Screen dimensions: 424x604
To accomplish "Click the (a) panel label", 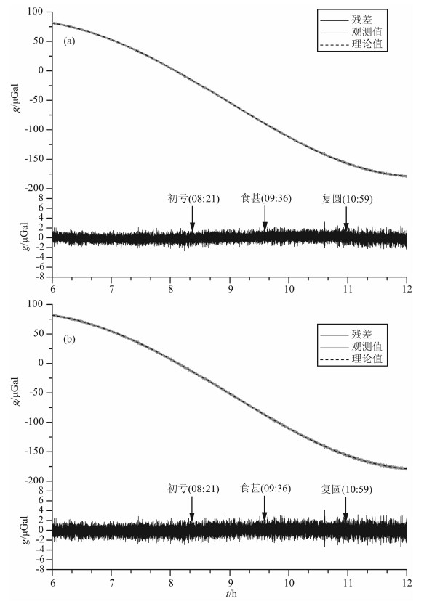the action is (69, 41).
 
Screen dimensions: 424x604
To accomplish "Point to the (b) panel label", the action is (69, 339).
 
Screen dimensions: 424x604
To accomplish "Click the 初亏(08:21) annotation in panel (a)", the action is (193, 199).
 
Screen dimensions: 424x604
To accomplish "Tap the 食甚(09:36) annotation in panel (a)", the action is (266, 198).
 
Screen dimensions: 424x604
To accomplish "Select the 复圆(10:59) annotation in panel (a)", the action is (347, 199).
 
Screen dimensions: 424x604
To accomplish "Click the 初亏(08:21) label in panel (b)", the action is (193, 489).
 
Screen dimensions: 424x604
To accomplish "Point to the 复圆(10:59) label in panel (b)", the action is (347, 489).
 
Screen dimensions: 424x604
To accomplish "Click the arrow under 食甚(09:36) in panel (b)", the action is (264, 508).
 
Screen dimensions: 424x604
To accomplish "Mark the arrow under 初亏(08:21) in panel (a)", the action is (192, 219).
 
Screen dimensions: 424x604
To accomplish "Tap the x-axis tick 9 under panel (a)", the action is (230, 289).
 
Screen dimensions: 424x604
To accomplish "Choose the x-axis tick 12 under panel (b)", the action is (407, 581).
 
